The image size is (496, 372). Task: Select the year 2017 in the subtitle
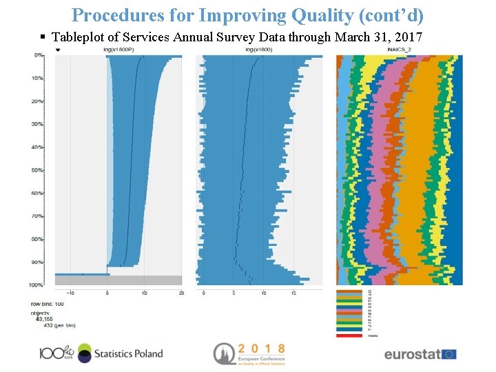408,37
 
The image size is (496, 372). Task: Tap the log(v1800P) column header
117,50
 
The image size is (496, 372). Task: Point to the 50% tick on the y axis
37,170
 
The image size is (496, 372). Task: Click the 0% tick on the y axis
39,55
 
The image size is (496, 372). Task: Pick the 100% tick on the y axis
37,285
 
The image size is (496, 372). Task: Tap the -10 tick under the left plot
70,293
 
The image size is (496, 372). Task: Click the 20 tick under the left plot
180,293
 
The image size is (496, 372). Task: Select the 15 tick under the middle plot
293,293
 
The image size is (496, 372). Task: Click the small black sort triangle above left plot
58,50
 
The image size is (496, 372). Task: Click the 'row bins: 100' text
47,304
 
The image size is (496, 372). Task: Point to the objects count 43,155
44,318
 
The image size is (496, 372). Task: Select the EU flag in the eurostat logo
449,354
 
